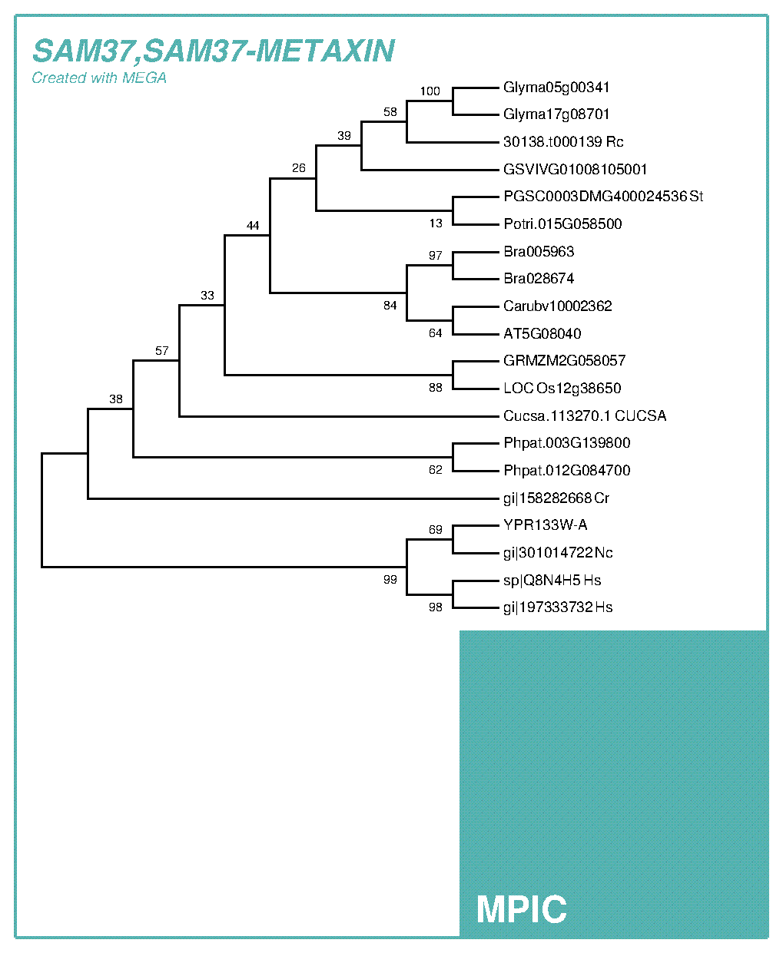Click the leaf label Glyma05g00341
pos(556,88)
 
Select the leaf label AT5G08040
pos(542,333)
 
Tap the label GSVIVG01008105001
pos(575,169)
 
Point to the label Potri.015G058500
pos(562,224)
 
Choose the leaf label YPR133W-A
pos(545,525)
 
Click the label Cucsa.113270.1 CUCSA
pos(585,415)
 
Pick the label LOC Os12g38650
pos(562,388)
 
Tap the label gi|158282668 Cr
pos(556,498)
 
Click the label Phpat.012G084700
pos(566,470)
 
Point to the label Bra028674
pos(539,279)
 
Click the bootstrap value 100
pos(430,91)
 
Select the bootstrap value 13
pos(436,223)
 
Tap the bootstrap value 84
pos(390,306)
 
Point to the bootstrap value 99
pos(390,580)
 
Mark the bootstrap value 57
pos(162,351)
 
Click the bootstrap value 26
pos(299,168)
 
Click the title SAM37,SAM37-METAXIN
pos(214,51)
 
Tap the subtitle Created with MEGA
pos(99,78)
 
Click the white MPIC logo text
pos(521,909)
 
